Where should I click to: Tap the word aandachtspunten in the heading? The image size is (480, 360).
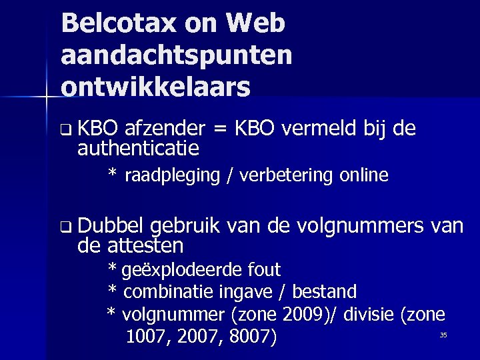pyautogui.click(x=176, y=56)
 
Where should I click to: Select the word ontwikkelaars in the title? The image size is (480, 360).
pyautogui.click(x=155, y=87)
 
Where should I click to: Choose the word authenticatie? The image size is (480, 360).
pyautogui.click(x=139, y=147)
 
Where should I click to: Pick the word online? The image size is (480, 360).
pyautogui.click(x=363, y=175)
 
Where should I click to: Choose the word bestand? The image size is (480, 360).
pyautogui.click(x=325, y=292)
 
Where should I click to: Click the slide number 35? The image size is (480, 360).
pyautogui.click(x=443, y=335)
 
